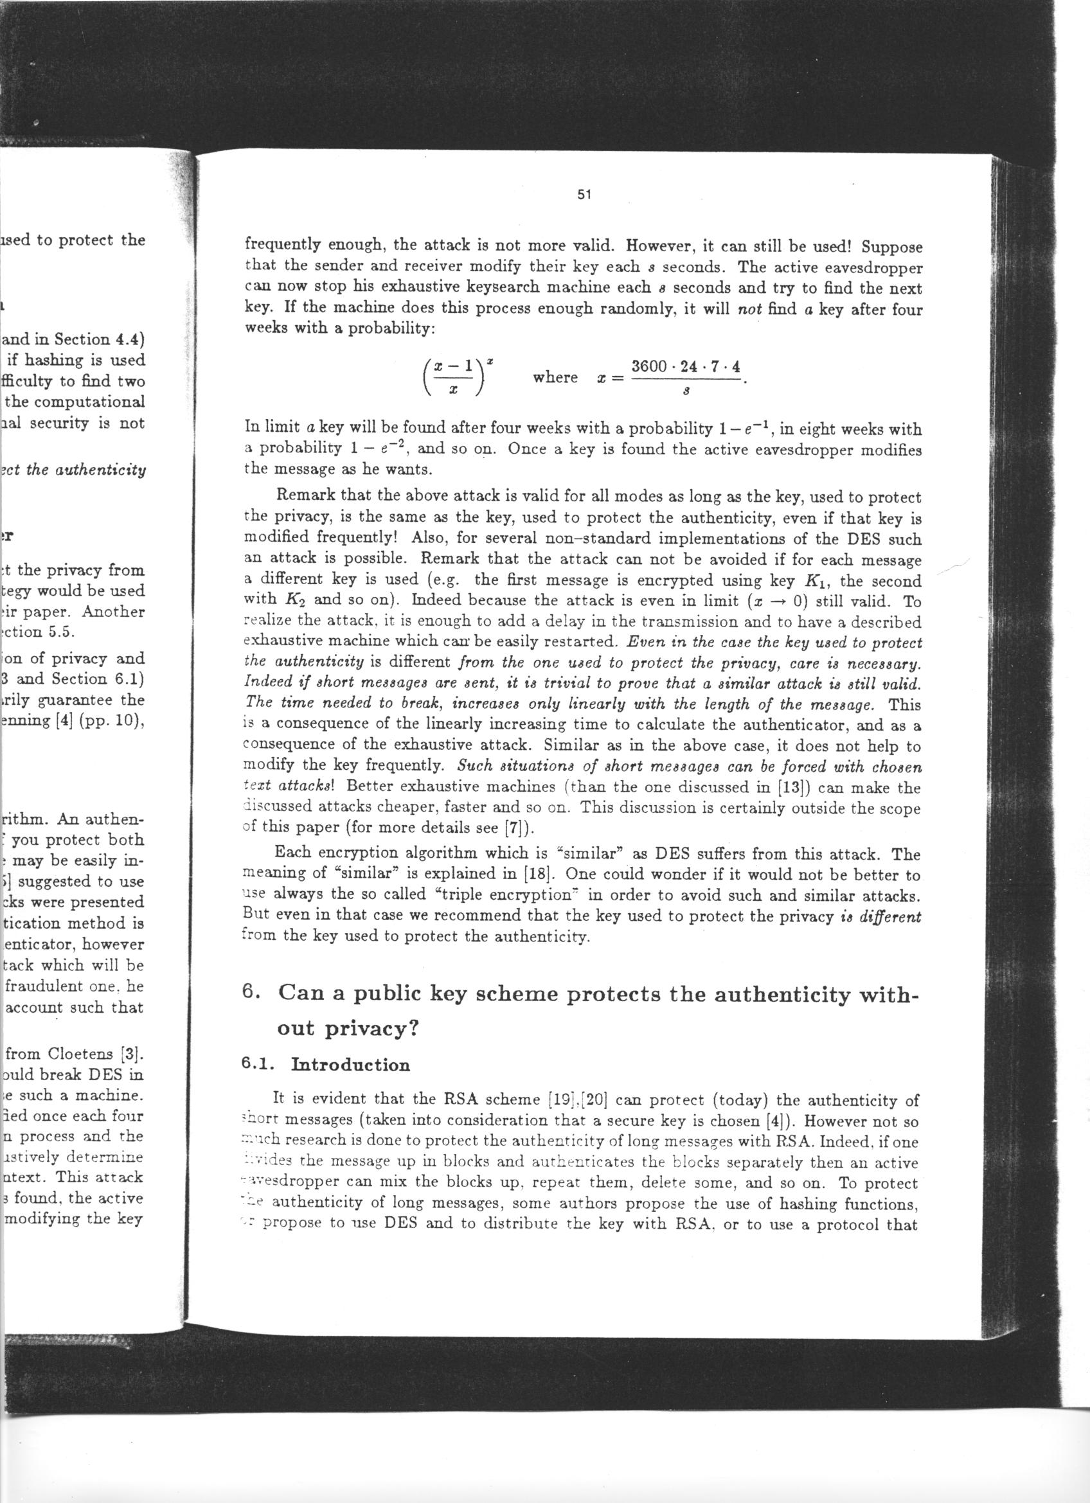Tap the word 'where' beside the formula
pos(555,378)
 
